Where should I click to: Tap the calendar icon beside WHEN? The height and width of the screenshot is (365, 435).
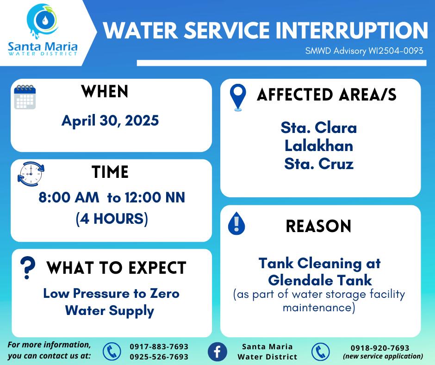tap(25, 97)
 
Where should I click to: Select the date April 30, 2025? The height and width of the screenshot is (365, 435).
tap(110, 121)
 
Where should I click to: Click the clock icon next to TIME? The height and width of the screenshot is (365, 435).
tap(31, 174)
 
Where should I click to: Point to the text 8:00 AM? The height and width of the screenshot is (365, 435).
tap(69, 197)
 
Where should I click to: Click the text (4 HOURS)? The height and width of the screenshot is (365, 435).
tap(112, 219)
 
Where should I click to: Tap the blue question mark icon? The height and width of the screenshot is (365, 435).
tap(28, 268)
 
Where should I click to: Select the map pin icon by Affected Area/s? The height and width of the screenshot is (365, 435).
tap(238, 97)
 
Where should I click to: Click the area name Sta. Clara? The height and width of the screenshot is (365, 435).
tap(319, 127)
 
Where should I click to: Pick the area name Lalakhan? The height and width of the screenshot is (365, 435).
tap(319, 146)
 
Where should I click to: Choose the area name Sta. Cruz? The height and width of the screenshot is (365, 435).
tap(319, 164)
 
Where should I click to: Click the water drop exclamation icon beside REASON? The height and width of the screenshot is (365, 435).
tap(236, 223)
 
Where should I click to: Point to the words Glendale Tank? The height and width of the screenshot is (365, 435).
tap(320, 280)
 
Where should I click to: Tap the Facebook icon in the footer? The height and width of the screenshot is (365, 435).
tap(217, 352)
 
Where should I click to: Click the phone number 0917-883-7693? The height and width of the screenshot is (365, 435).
tap(159, 346)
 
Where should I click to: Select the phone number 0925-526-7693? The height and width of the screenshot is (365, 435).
tap(159, 357)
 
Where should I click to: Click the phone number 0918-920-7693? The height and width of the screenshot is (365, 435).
tap(380, 348)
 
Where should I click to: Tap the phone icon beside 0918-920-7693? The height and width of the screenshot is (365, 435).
tap(320, 352)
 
